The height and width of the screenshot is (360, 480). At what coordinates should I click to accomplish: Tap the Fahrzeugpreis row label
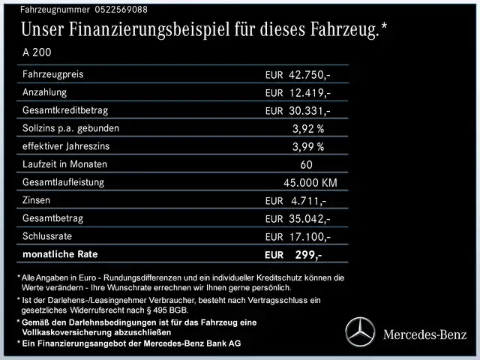point(52,75)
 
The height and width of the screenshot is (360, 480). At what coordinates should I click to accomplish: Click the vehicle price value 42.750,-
point(310,75)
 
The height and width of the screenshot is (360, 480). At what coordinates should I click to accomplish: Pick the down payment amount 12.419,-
point(310,93)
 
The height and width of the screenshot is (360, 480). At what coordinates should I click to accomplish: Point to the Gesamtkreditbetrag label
point(65,111)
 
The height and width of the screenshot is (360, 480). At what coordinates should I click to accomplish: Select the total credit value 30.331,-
point(310,111)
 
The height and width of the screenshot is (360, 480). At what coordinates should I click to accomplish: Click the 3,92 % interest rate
point(308,129)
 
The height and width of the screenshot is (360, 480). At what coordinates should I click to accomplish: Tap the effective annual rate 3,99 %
point(308,147)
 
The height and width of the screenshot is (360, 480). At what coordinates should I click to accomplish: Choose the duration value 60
point(306,165)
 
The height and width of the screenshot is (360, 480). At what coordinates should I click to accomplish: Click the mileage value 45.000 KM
point(310,183)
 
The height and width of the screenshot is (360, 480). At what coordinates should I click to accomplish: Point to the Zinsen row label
point(39,200)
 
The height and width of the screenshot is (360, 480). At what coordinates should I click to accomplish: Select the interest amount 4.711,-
point(307,201)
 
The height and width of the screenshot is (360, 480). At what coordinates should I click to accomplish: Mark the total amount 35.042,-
point(310,219)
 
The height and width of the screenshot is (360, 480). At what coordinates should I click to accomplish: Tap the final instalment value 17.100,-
point(310,237)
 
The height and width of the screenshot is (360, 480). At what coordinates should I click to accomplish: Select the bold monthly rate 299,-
point(308,255)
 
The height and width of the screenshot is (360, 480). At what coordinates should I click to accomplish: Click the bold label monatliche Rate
point(61,254)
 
